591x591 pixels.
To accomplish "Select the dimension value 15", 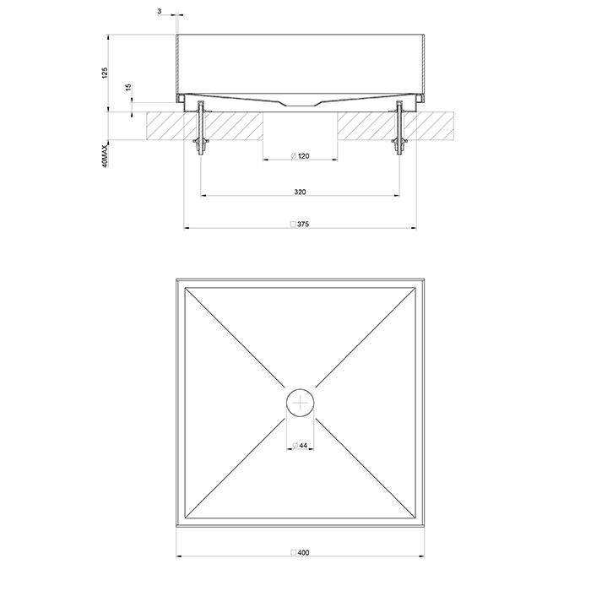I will pyautogui.click(x=128, y=88).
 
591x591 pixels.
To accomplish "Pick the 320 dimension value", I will pyautogui.click(x=300, y=192).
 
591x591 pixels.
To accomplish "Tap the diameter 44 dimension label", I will pyautogui.click(x=300, y=445).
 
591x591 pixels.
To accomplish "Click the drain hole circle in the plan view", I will pyautogui.click(x=300, y=403).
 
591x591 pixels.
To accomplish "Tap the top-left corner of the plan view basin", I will pyautogui.click(x=177, y=278).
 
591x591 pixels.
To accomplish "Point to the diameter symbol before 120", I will pyautogui.click(x=291, y=157).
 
